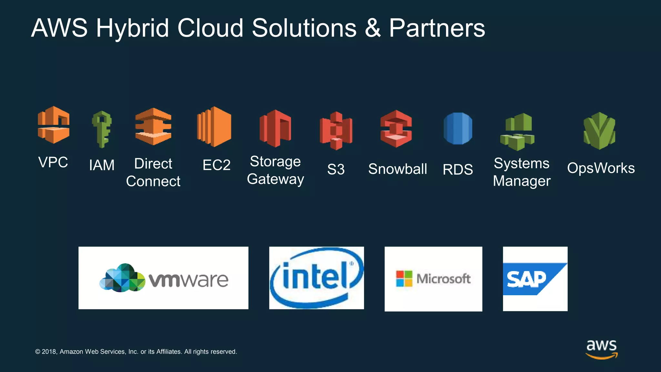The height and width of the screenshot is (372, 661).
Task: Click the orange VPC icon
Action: pos(54,125)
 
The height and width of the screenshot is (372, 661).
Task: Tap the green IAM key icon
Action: pos(102,129)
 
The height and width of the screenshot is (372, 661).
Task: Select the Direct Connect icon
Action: pos(153,127)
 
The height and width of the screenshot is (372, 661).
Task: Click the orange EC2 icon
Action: pos(214,127)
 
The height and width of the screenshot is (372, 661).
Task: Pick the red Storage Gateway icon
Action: pos(275,129)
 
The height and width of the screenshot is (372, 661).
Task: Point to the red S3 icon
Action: pos(336,131)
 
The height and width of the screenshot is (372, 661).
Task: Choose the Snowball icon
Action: pos(396,129)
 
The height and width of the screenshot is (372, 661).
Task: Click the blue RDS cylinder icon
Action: pos(458,129)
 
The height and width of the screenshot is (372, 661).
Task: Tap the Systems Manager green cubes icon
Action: pos(517,132)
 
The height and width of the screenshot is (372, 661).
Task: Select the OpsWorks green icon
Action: pos(600,131)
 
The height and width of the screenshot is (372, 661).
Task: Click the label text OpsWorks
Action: pos(601,168)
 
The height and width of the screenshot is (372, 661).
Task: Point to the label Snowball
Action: pos(398,169)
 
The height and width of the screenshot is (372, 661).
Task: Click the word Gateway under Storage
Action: pos(275,179)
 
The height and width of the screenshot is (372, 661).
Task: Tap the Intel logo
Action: pos(317,278)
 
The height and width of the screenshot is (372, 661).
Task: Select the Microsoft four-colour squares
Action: pos(404,279)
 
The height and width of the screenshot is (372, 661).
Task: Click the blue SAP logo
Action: pos(535,279)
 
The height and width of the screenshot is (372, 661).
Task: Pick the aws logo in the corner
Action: pos(602,349)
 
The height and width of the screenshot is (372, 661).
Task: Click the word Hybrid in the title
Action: pos(132,28)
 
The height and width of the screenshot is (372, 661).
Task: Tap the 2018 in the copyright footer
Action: pos(49,352)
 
